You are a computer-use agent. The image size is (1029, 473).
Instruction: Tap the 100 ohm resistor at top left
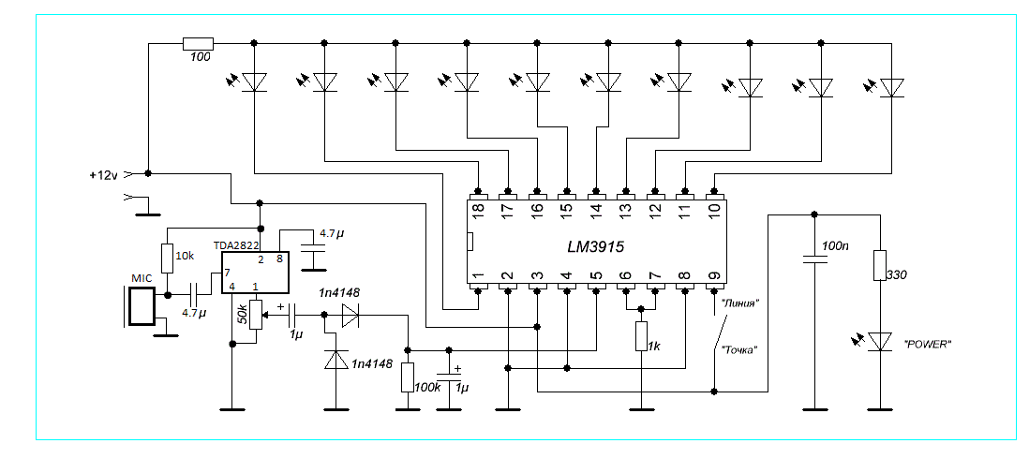click(x=198, y=43)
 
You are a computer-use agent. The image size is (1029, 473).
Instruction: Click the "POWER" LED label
click(x=928, y=344)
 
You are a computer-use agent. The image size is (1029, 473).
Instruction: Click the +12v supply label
click(x=105, y=174)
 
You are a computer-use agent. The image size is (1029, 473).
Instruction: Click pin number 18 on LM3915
click(x=479, y=212)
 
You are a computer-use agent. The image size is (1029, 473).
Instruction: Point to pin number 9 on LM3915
click(x=713, y=276)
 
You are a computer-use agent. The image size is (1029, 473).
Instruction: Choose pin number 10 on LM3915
click(x=713, y=212)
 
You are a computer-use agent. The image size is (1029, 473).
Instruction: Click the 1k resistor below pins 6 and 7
click(x=642, y=337)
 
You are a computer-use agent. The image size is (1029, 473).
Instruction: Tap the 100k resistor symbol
click(x=408, y=377)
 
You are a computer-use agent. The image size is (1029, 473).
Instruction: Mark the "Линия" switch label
click(x=740, y=303)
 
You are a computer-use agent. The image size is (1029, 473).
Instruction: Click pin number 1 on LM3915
click(x=479, y=276)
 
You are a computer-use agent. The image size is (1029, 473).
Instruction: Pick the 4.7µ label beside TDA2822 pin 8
click(x=332, y=232)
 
